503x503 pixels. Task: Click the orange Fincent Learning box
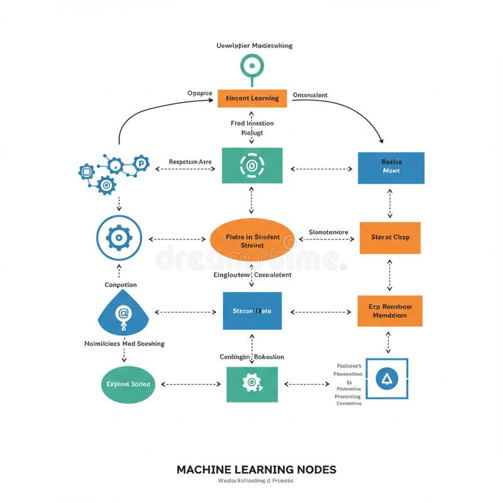[x=252, y=98]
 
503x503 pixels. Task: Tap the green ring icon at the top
[x=252, y=66]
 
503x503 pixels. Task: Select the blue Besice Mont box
[x=391, y=167]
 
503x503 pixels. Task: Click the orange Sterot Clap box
[x=390, y=237]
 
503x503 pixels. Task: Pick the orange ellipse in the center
[x=251, y=240]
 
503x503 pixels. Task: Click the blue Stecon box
[x=252, y=311]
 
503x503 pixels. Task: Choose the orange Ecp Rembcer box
[x=390, y=311]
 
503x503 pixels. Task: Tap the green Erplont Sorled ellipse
[x=128, y=383]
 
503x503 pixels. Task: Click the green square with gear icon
[x=252, y=383]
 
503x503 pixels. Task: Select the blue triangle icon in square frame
[x=387, y=379]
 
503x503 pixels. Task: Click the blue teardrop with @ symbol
[x=123, y=313]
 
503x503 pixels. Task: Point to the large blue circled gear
[x=119, y=238]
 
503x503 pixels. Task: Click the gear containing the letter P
[x=141, y=163]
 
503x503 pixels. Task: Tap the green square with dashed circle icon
[x=252, y=165]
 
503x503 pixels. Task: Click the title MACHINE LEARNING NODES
[x=256, y=470]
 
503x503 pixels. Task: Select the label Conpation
[x=121, y=285]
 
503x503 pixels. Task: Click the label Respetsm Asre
[x=191, y=162]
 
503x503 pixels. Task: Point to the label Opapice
[x=200, y=94]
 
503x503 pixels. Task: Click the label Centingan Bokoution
[x=251, y=357]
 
